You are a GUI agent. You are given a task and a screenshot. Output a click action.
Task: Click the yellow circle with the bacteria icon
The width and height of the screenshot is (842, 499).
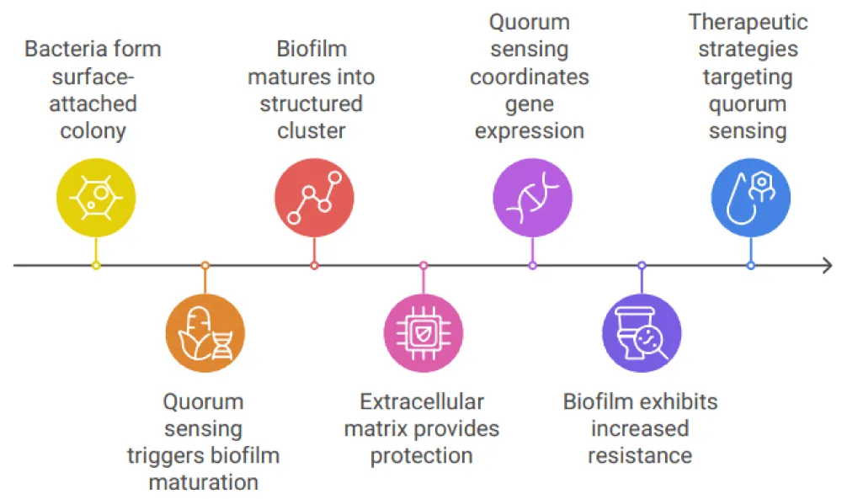pyautogui.click(x=96, y=198)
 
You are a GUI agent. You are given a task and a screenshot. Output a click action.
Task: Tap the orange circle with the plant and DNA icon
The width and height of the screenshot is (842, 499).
pyautogui.click(x=205, y=333)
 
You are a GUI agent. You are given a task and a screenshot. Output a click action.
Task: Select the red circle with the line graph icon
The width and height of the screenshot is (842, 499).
pyautogui.click(x=314, y=198)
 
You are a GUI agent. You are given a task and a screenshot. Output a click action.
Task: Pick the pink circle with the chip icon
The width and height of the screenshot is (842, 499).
pyautogui.click(x=424, y=333)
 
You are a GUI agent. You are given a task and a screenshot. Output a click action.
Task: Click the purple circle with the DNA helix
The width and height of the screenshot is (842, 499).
pyautogui.click(x=533, y=198)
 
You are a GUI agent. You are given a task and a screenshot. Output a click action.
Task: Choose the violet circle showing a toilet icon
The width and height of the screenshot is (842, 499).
pyautogui.click(x=642, y=333)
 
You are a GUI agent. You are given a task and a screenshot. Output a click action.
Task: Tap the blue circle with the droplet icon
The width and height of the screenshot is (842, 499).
pyautogui.click(x=751, y=198)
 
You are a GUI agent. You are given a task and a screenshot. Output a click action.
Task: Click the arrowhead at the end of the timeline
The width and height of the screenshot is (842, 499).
pyautogui.click(x=828, y=265)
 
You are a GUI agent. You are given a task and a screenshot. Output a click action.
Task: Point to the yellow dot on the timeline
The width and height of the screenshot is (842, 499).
pyautogui.click(x=96, y=265)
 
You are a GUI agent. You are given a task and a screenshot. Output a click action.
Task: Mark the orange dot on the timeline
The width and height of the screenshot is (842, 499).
pyautogui.click(x=205, y=265)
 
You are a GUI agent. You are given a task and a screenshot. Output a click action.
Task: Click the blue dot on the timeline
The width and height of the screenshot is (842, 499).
pyautogui.click(x=751, y=265)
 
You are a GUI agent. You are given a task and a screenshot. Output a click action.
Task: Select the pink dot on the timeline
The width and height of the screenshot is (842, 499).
pyautogui.click(x=424, y=265)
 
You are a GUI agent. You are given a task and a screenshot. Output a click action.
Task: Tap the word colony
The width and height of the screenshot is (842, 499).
pyautogui.click(x=93, y=131)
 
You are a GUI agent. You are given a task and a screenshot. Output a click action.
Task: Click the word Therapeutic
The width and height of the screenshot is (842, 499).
pyautogui.click(x=748, y=22)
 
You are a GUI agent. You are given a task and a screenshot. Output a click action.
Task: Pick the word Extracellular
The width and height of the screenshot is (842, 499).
pyautogui.click(x=422, y=401)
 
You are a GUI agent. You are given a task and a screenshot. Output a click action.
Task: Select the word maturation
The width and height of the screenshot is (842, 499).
pyautogui.click(x=204, y=482)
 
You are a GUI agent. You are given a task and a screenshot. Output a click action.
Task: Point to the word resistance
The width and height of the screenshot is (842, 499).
pyautogui.click(x=640, y=455)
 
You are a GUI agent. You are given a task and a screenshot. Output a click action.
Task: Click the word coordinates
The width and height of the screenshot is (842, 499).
pyautogui.click(x=530, y=77)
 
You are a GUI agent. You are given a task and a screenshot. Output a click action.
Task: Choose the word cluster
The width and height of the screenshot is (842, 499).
pyautogui.click(x=312, y=130)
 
